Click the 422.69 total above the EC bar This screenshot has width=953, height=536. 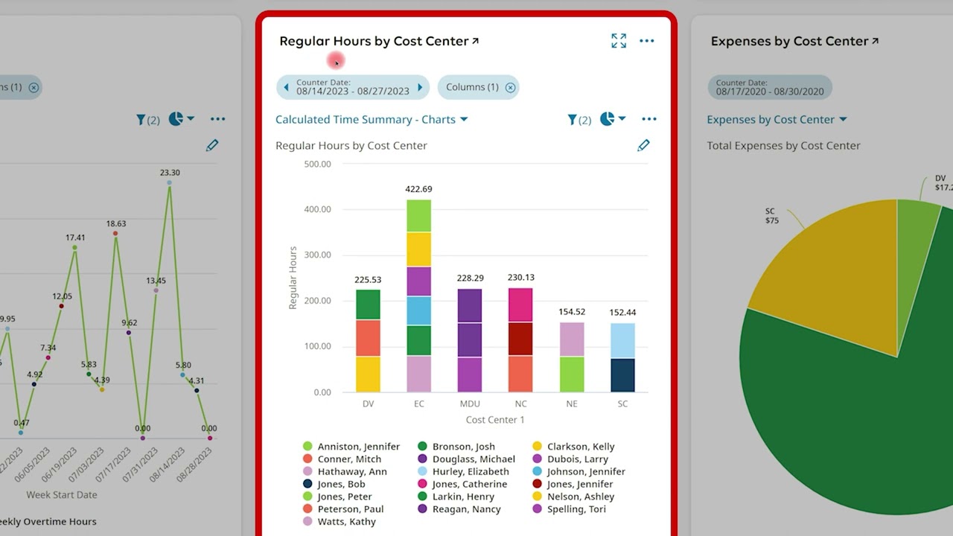(x=418, y=189)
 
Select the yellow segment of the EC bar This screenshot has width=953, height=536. (x=418, y=249)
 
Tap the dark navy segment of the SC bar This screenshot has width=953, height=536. (x=622, y=375)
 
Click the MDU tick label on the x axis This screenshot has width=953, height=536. (x=470, y=403)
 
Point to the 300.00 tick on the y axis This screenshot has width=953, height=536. (x=317, y=255)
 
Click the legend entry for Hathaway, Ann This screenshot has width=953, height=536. (x=351, y=471)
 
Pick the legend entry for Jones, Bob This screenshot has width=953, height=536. (x=340, y=484)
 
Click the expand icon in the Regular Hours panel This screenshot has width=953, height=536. (x=618, y=41)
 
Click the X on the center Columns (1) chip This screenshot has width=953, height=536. (x=510, y=88)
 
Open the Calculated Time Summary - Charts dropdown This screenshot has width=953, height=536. (x=372, y=119)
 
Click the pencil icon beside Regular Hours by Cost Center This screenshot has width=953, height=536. (x=643, y=145)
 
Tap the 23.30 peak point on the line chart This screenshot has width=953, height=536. (x=170, y=182)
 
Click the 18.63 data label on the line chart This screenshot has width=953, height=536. (x=115, y=223)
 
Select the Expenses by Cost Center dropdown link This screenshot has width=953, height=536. (x=777, y=119)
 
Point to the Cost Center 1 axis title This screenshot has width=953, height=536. (x=495, y=420)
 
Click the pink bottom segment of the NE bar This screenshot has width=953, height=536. (x=572, y=339)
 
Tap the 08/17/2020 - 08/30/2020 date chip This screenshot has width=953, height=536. (x=770, y=87)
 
